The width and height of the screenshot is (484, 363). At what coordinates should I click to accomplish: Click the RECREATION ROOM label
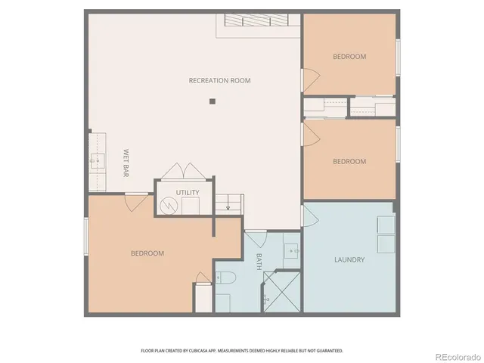pyautogui.click(x=219, y=80)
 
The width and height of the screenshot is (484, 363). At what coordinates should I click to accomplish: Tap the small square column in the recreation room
pyautogui.click(x=213, y=101)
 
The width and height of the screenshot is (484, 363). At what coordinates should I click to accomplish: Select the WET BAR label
pyautogui.click(x=126, y=163)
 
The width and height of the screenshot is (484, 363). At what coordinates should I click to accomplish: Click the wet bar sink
pyautogui.click(x=97, y=160)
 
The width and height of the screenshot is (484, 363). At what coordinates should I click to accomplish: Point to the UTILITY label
pyautogui.click(x=188, y=192)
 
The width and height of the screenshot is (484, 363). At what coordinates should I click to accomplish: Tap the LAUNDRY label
pyautogui.click(x=349, y=259)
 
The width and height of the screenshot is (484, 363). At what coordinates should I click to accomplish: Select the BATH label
pyautogui.click(x=258, y=262)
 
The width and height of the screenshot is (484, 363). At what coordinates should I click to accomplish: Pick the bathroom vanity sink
pyautogui.click(x=292, y=250)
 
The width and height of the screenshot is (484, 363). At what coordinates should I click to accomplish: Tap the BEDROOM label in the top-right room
pyautogui.click(x=349, y=57)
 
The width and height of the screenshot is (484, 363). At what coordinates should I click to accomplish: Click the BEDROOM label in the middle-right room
pyautogui.click(x=349, y=161)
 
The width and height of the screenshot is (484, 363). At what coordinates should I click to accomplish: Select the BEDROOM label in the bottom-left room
pyautogui.click(x=147, y=253)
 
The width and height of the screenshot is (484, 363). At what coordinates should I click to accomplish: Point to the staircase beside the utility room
pyautogui.click(x=228, y=202)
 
